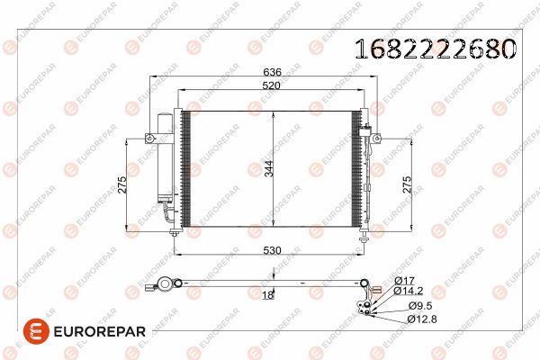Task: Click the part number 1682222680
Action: point(436,49)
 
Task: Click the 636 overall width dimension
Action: point(272,72)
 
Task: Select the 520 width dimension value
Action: point(272,85)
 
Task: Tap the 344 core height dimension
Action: point(268,168)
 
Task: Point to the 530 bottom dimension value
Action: point(272,250)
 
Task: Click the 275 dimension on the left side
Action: point(122,184)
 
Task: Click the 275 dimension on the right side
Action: point(407,184)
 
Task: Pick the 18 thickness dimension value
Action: point(268,295)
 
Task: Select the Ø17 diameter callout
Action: point(404,281)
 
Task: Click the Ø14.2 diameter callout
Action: point(408,291)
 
